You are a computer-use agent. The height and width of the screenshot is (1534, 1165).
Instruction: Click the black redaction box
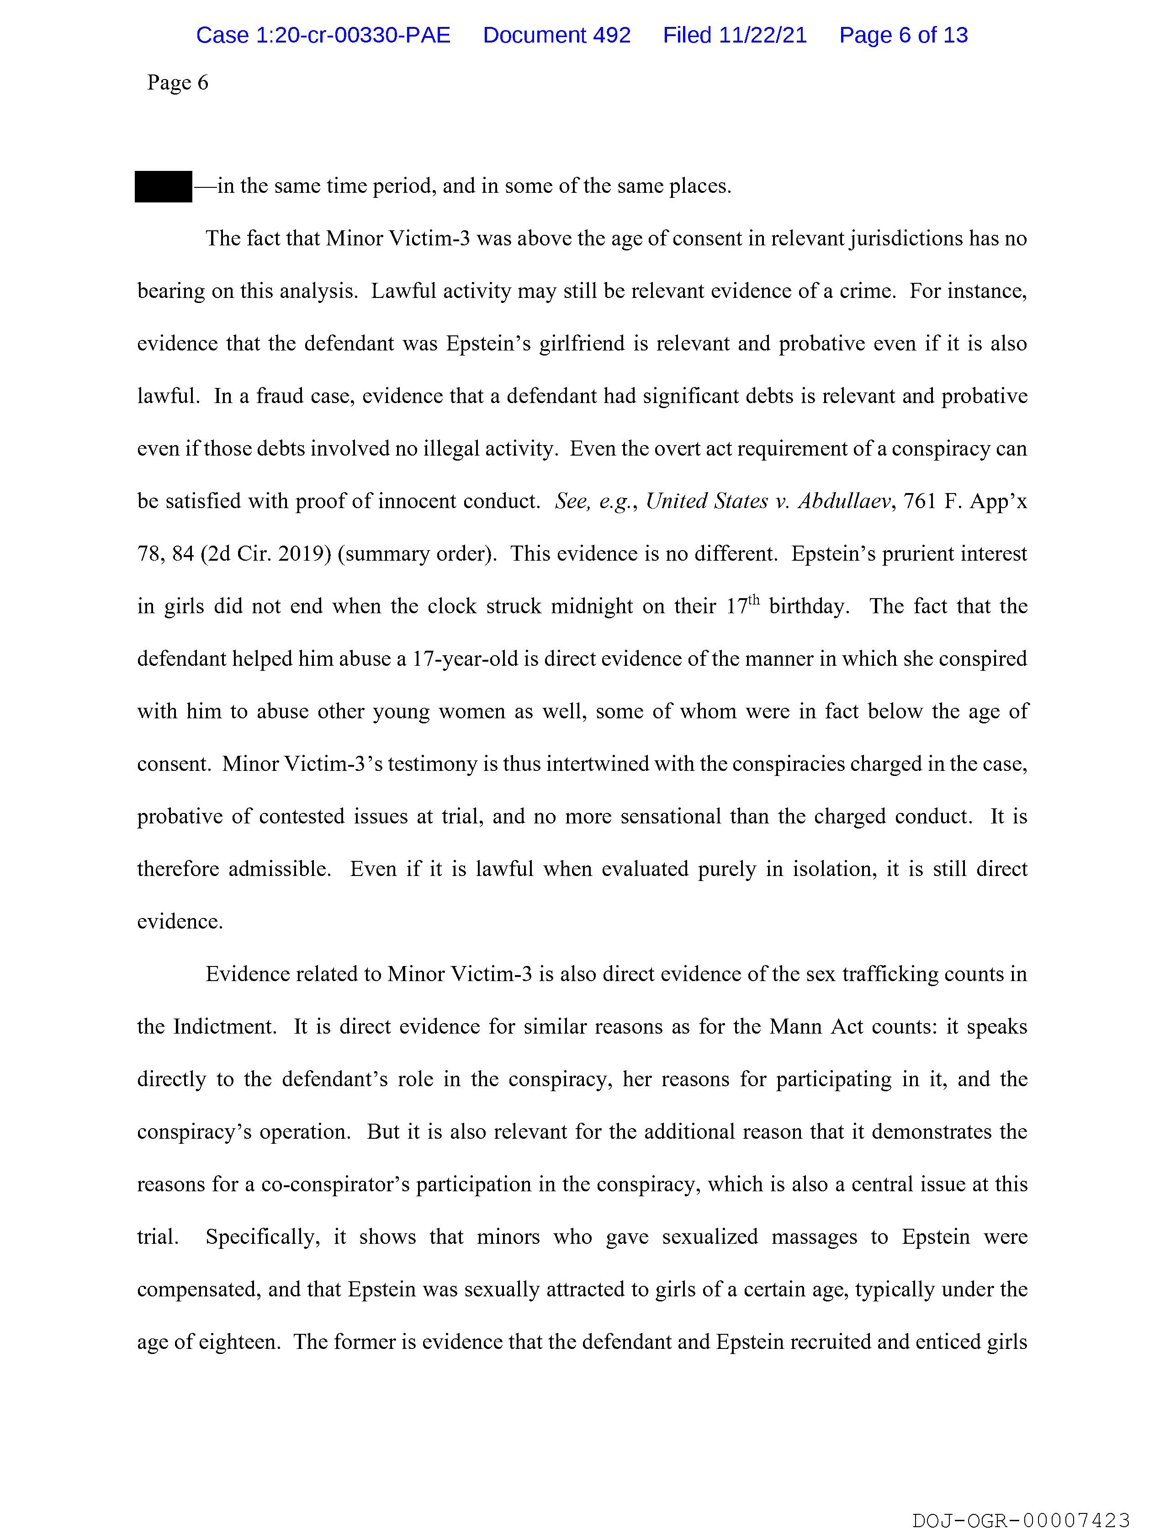tap(163, 186)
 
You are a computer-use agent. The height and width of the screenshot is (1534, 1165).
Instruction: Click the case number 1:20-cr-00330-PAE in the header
tap(323, 35)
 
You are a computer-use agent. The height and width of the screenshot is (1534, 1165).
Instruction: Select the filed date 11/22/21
tap(763, 35)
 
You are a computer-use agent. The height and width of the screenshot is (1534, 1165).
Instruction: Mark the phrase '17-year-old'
tap(465, 659)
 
